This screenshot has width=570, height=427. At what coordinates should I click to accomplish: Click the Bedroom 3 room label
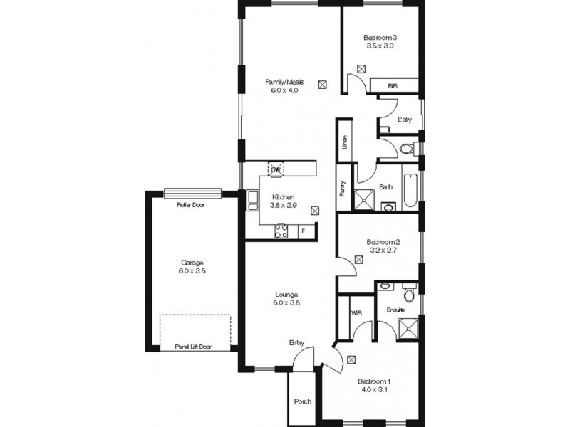click(380, 38)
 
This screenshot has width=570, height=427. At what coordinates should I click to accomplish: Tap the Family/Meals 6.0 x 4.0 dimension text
click(284, 90)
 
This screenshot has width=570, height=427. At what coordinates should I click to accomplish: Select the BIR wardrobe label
click(393, 86)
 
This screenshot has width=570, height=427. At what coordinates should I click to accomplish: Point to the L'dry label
click(405, 120)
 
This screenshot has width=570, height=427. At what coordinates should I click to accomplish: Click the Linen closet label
click(345, 142)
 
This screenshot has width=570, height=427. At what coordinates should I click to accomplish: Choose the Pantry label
click(343, 189)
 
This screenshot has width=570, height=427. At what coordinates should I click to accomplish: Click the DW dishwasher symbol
click(276, 169)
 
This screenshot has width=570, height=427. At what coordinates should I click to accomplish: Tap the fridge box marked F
click(304, 231)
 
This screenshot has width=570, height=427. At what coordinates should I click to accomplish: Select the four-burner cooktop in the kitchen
click(281, 231)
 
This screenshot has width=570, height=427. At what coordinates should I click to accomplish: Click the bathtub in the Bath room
click(410, 190)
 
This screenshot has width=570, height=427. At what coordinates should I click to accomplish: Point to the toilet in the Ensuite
click(409, 293)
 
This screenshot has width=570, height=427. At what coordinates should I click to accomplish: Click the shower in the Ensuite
click(408, 329)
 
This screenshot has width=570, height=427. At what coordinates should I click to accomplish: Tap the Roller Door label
click(191, 205)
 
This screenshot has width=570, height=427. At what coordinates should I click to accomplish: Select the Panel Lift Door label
click(193, 347)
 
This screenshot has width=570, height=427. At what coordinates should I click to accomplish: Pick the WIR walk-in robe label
click(357, 312)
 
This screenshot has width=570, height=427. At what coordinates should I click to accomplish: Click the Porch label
click(302, 401)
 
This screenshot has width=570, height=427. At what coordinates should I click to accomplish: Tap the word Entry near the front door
click(296, 343)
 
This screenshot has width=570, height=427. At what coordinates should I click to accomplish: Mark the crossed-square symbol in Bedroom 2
click(359, 260)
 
